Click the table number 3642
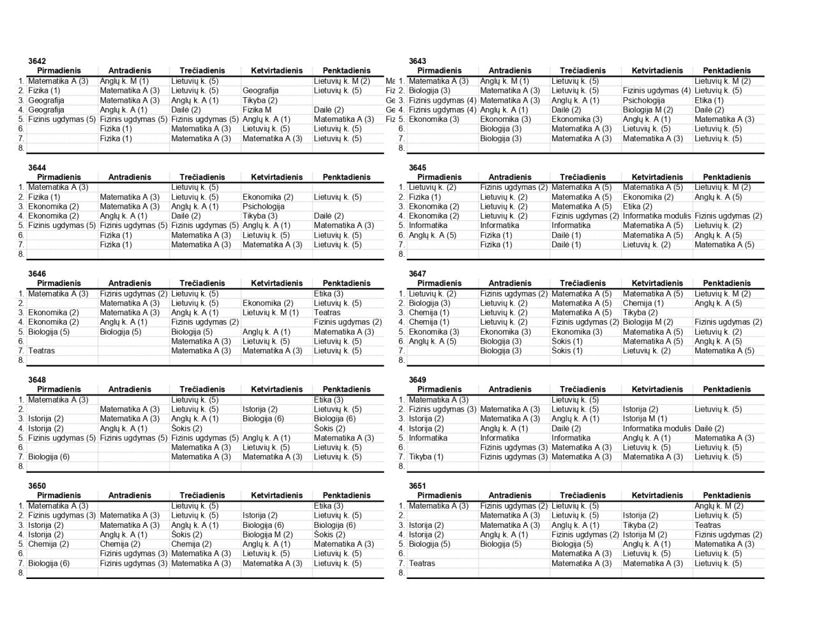point(37,61)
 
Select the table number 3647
point(417,274)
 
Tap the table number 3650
point(37,486)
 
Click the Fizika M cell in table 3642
point(257,110)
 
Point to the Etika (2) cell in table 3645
point(638,206)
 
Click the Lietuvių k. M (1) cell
point(271,312)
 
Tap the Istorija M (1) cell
point(645,419)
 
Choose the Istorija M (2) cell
point(646,534)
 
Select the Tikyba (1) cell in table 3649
point(426,457)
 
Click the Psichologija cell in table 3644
point(263,206)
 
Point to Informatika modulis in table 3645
point(657,216)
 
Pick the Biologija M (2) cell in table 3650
point(267,534)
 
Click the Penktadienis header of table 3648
point(347,389)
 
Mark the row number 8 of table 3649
point(401,466)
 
